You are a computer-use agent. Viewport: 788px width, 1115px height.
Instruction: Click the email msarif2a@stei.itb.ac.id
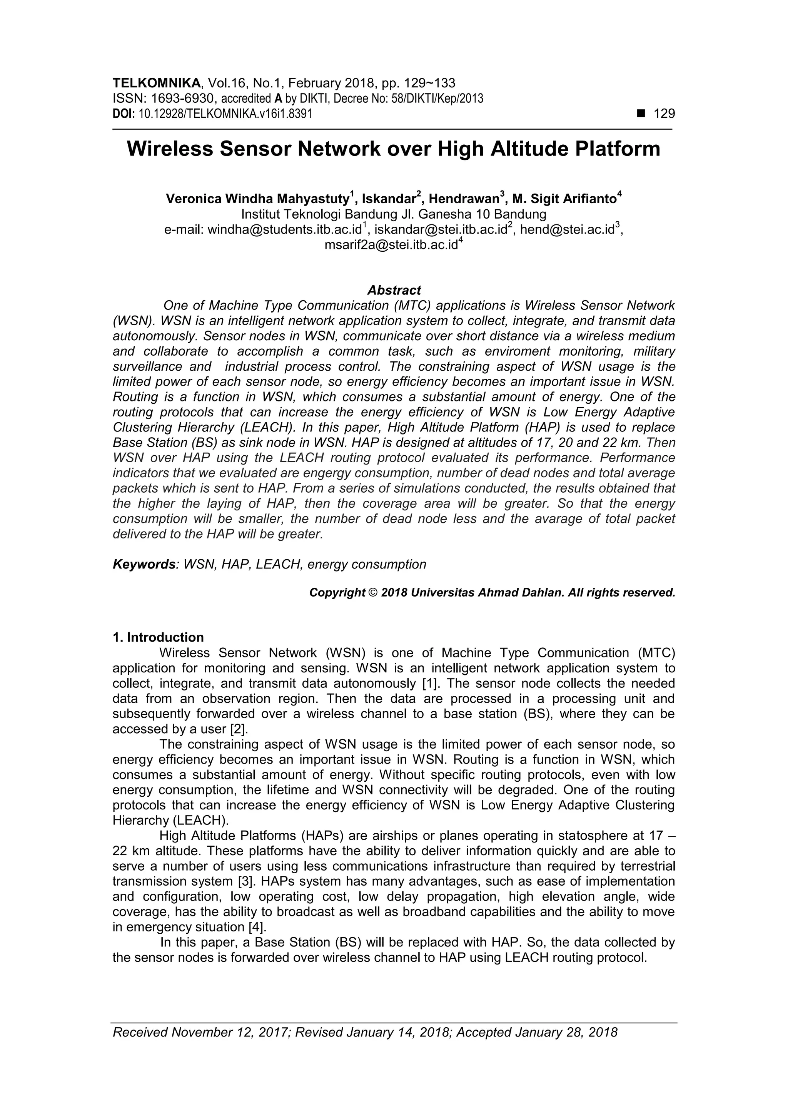click(391, 245)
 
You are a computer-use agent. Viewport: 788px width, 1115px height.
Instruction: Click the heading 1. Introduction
click(158, 637)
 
